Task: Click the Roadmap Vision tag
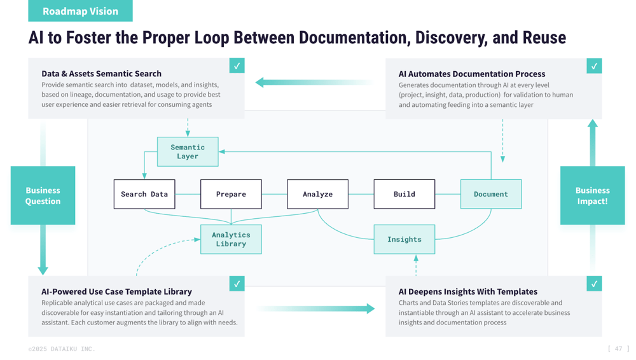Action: [80, 11]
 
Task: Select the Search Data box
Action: [144, 194]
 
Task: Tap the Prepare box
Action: [231, 194]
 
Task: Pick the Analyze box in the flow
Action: [317, 194]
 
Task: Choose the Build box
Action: [404, 194]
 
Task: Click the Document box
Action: [490, 194]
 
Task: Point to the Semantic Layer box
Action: [188, 152]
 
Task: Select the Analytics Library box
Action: [231, 239]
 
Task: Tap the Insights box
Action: [404, 239]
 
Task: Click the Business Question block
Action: [43, 195]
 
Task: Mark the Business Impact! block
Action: [592, 195]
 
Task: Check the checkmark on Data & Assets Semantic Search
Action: [237, 66]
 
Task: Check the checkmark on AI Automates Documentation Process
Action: [594, 66]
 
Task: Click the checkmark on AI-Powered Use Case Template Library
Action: [237, 284]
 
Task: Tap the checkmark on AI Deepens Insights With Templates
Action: [594, 284]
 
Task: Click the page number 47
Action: [618, 349]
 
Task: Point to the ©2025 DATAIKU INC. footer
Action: [62, 349]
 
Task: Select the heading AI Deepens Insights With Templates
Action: [467, 291]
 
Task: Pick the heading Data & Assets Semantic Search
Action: [101, 74]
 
